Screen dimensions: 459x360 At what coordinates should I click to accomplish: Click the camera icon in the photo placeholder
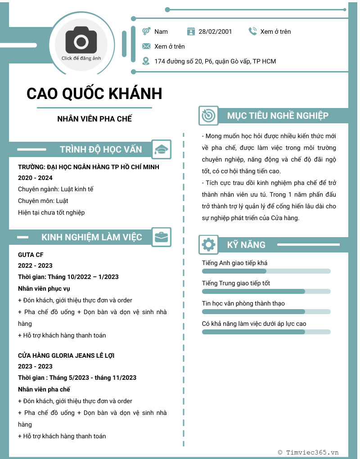tap(81, 41)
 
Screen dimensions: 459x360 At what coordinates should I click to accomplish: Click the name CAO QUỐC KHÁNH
tap(94, 94)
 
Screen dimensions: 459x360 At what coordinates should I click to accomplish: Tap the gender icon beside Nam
tap(146, 31)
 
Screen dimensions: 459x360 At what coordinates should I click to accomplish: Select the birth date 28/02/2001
tap(215, 31)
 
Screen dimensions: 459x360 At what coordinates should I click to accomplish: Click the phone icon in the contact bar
tap(252, 31)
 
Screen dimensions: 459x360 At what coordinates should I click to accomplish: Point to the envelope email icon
tap(146, 46)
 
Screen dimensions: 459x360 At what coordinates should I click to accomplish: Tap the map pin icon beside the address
tap(146, 61)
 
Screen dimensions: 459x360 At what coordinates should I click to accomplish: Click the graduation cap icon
tap(161, 149)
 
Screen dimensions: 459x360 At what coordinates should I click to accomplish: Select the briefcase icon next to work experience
tap(161, 237)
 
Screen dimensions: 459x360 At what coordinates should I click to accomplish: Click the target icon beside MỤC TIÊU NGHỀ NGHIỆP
tap(208, 116)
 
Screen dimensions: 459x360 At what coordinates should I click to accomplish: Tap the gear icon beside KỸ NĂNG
tap(208, 245)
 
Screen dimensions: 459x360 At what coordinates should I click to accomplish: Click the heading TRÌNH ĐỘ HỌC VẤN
tap(101, 149)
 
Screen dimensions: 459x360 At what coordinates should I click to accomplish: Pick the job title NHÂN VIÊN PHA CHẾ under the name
tap(94, 119)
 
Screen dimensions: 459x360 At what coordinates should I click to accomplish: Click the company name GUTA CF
tap(31, 255)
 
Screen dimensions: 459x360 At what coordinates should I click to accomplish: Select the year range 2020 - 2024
tap(35, 178)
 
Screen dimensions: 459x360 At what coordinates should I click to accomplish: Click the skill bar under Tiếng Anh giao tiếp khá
tap(266, 271)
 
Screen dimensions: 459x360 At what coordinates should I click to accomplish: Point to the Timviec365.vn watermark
tap(308, 452)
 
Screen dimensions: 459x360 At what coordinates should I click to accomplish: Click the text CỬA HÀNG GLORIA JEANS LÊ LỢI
tap(66, 355)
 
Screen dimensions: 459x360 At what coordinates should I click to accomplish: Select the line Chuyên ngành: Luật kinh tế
tap(55, 189)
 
